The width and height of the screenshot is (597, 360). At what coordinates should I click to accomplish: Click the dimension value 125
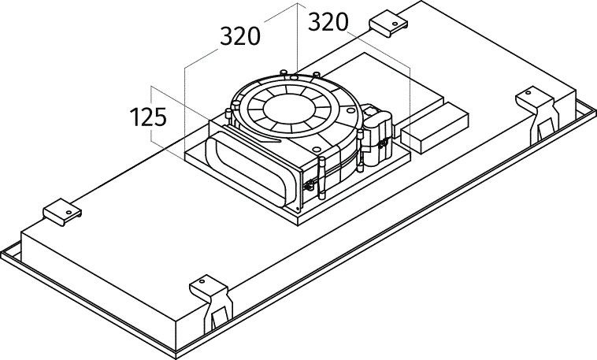pyautogui.click(x=148, y=118)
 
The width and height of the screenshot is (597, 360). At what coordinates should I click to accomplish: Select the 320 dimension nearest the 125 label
pyautogui.click(x=240, y=37)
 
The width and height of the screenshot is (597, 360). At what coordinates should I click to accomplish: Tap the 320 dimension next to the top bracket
pyautogui.click(x=328, y=22)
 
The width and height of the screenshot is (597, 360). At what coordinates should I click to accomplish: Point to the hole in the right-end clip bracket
pyautogui.click(x=529, y=96)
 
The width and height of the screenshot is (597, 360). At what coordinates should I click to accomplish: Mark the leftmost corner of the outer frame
pyautogui.click(x=2, y=251)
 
